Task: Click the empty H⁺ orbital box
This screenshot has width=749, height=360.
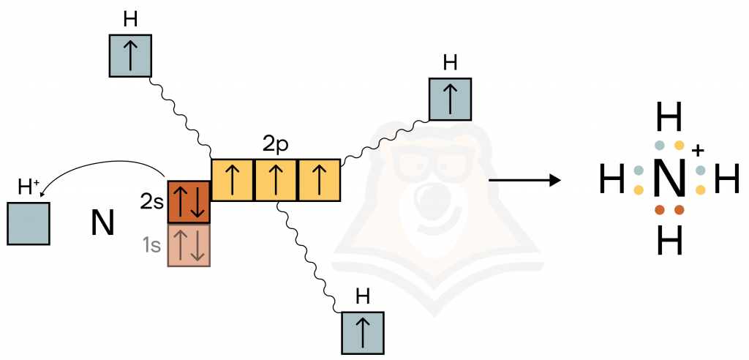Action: click(29, 224)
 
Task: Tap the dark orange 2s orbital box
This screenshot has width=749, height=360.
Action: click(189, 202)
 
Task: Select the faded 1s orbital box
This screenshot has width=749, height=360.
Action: click(189, 245)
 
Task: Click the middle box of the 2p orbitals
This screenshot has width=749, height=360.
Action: click(276, 180)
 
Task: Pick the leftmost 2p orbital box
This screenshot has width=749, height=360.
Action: click(233, 180)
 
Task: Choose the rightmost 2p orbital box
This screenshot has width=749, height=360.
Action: click(319, 180)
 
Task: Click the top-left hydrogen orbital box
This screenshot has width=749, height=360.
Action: click(130, 56)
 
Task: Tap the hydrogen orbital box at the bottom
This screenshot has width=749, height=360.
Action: click(363, 333)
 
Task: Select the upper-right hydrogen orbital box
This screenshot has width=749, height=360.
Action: click(450, 99)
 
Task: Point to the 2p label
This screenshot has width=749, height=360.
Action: click(276, 144)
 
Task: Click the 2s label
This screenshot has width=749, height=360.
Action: click(152, 202)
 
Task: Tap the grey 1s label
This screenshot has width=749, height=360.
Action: click(152, 245)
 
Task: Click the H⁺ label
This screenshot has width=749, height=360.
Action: click(29, 188)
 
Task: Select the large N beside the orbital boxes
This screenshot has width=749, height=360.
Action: click(102, 223)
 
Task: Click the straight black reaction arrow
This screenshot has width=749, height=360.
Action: click(524, 180)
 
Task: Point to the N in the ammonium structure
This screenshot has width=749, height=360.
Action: click(669, 179)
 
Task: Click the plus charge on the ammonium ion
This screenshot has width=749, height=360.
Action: click(698, 151)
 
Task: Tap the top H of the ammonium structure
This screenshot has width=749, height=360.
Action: click(669, 116)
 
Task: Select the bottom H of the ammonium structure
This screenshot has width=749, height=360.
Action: click(669, 241)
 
